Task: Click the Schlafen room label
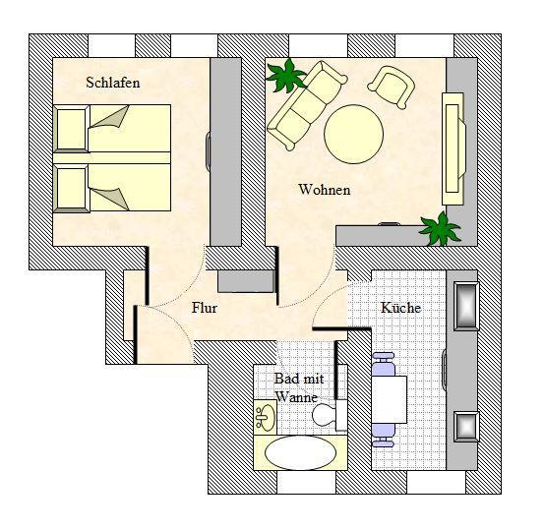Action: point(113,83)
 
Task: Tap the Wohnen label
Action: point(325,190)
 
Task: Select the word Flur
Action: point(205,308)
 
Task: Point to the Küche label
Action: point(400,308)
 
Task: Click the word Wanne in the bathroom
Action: point(296,397)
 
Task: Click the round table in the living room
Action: point(353,135)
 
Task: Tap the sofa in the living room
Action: point(307,106)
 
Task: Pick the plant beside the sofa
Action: point(286,76)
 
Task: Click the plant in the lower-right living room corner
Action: point(440,228)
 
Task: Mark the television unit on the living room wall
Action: point(453,148)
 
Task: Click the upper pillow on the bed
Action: point(72,129)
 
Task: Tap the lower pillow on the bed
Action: point(72,188)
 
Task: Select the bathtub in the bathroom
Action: point(300,453)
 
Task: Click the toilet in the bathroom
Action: point(329,415)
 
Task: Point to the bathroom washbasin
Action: point(266,417)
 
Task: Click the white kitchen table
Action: point(390,399)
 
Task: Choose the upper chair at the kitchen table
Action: point(383,364)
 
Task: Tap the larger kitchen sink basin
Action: point(466,306)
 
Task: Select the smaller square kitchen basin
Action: point(466,427)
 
